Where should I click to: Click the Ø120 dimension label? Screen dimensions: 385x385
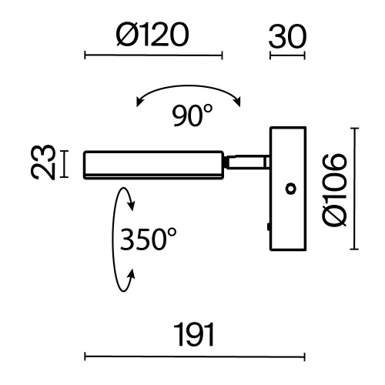point(152,35)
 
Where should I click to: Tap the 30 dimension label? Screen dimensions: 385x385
point(287,36)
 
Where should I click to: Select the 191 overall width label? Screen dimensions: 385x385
point(194,335)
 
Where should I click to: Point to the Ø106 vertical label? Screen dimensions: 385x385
point(335,190)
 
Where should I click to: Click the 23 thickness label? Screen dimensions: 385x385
point(43,162)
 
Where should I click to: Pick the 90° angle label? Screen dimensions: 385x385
point(192,115)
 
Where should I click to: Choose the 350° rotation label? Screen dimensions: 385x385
point(149,239)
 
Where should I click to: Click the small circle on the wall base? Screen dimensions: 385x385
point(291,189)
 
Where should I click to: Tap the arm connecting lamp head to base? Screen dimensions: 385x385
point(246,162)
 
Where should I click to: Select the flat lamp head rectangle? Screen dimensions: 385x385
point(153,165)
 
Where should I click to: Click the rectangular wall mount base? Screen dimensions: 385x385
point(288,189)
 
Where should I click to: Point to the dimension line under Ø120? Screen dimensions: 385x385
point(153,55)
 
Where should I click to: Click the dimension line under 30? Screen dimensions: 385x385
point(287,55)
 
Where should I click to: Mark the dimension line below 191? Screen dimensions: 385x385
point(195,357)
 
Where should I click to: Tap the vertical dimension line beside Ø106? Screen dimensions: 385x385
point(354,189)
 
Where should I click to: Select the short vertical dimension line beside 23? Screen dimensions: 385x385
point(64,164)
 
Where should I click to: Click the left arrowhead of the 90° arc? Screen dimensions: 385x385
point(139,102)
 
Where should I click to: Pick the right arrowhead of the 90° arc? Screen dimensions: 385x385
point(238,102)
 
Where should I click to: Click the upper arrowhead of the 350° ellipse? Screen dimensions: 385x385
point(132,206)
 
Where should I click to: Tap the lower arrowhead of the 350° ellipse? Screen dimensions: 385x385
point(132,275)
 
